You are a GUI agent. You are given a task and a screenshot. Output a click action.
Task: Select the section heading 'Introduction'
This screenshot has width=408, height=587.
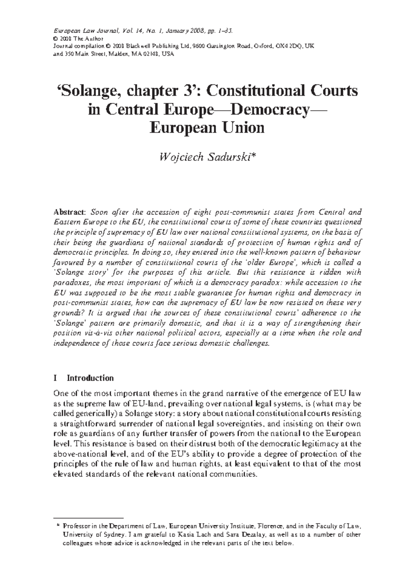click(x=90, y=378)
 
